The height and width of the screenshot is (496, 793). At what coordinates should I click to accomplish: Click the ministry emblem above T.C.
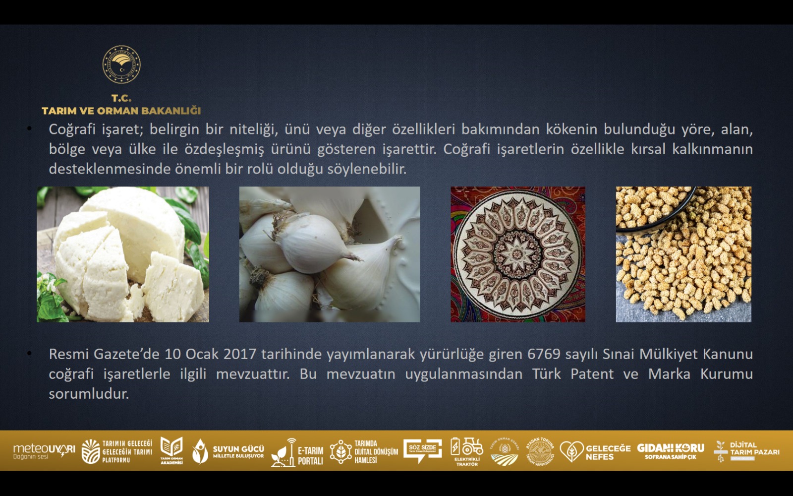pyautogui.click(x=121, y=65)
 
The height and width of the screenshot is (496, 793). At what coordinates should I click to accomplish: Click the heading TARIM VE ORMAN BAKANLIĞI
pyautogui.click(x=121, y=111)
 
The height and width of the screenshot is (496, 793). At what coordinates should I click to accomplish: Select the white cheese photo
pyautogui.click(x=123, y=254)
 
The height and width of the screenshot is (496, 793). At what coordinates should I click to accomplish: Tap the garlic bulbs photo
pyautogui.click(x=330, y=254)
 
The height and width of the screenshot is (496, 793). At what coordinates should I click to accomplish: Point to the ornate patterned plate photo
pyautogui.click(x=518, y=254)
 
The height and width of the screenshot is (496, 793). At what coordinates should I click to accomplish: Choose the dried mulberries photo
pyautogui.click(x=683, y=254)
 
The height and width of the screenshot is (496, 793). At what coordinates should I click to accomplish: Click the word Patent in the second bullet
pyautogui.click(x=592, y=374)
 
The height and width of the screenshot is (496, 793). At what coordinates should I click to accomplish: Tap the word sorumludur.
pyautogui.click(x=89, y=394)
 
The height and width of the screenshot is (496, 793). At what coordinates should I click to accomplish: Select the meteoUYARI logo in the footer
pyautogui.click(x=44, y=451)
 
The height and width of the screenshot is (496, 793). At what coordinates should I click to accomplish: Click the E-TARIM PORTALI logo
pyautogui.click(x=297, y=452)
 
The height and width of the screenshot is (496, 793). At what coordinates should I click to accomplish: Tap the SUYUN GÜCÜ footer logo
pyautogui.click(x=228, y=451)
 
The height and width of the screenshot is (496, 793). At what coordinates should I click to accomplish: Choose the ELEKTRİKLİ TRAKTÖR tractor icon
pyautogui.click(x=466, y=451)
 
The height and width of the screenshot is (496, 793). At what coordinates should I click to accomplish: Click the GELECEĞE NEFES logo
pyautogui.click(x=595, y=451)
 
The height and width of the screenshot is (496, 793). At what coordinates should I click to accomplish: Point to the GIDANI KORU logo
pyautogui.click(x=671, y=450)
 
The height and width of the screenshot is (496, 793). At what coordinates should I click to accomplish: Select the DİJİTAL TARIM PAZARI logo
pyautogui.click(x=746, y=451)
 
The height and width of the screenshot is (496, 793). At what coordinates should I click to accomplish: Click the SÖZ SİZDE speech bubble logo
pyautogui.click(x=422, y=450)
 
